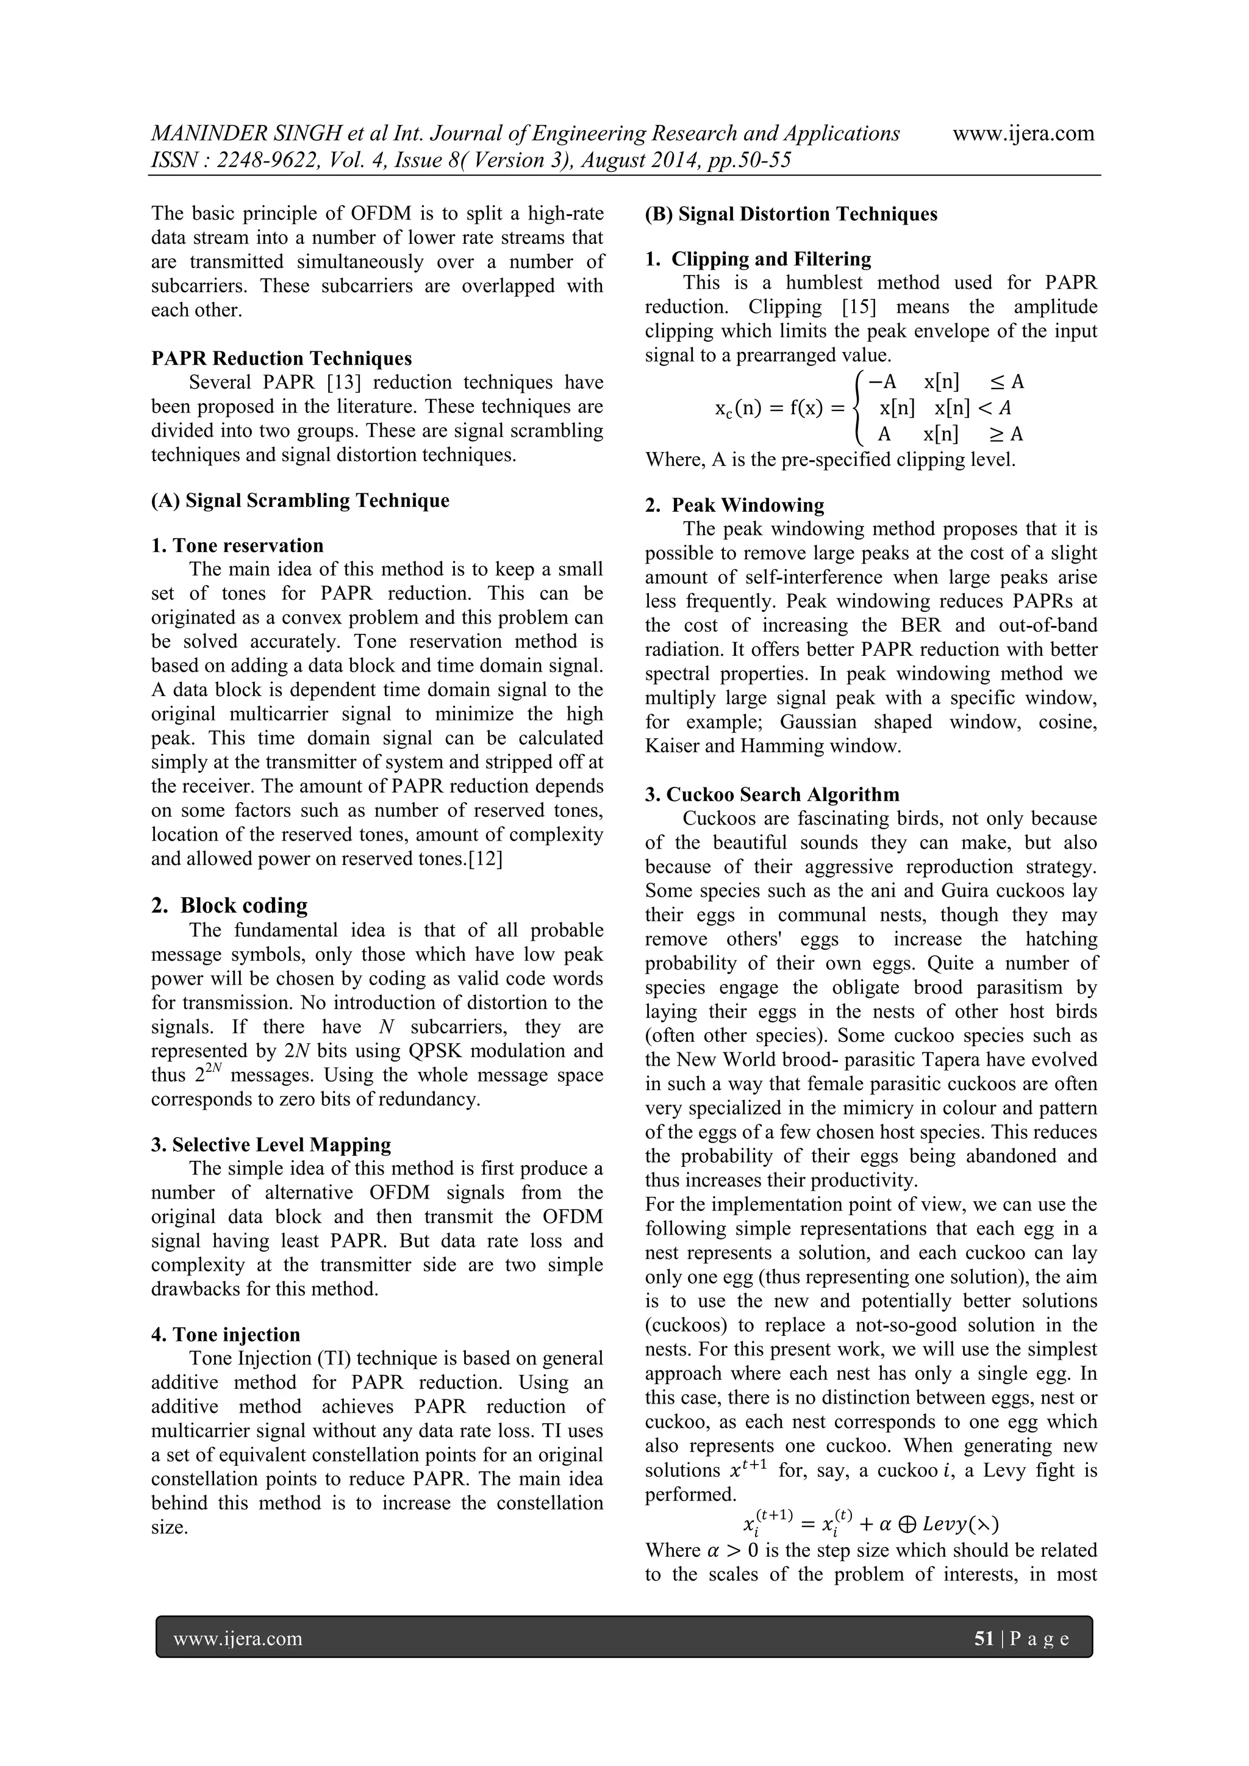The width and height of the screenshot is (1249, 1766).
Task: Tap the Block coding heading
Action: (x=229, y=905)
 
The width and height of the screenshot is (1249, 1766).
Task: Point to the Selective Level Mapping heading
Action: (x=271, y=1144)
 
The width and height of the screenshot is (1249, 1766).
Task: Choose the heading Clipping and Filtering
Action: (x=758, y=259)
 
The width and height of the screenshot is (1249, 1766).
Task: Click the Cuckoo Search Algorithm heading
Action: (x=772, y=794)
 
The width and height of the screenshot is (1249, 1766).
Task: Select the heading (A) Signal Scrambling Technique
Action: (x=300, y=501)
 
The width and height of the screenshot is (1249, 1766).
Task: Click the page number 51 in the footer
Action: (x=984, y=1639)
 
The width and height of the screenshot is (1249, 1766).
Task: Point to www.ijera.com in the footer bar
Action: (x=238, y=1639)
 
